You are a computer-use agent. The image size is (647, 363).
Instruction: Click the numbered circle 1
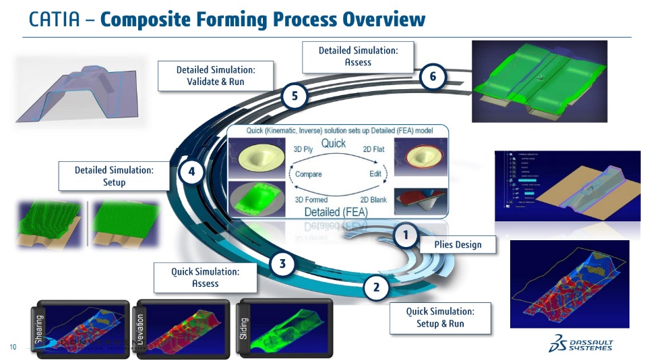(x=405, y=235)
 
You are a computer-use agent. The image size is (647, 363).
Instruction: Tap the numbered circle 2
(x=376, y=288)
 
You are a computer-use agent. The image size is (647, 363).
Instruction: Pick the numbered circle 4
(x=191, y=172)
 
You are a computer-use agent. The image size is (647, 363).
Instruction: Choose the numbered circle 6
(x=432, y=78)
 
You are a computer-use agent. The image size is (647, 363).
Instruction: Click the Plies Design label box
(x=458, y=244)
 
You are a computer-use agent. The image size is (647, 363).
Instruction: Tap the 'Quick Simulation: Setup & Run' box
(x=439, y=317)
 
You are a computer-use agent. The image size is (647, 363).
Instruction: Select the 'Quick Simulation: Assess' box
(x=205, y=277)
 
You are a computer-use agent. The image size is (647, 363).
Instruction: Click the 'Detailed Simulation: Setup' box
(x=114, y=176)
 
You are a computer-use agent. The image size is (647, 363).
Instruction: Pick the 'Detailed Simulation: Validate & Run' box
(x=215, y=76)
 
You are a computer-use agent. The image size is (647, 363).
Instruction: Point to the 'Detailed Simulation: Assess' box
(x=357, y=56)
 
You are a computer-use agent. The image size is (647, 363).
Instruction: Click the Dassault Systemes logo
(x=582, y=343)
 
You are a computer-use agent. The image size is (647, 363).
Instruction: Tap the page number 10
(x=13, y=347)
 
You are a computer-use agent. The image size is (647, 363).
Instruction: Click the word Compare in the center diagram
(x=308, y=174)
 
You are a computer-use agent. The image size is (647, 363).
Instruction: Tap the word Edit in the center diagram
(x=375, y=174)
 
